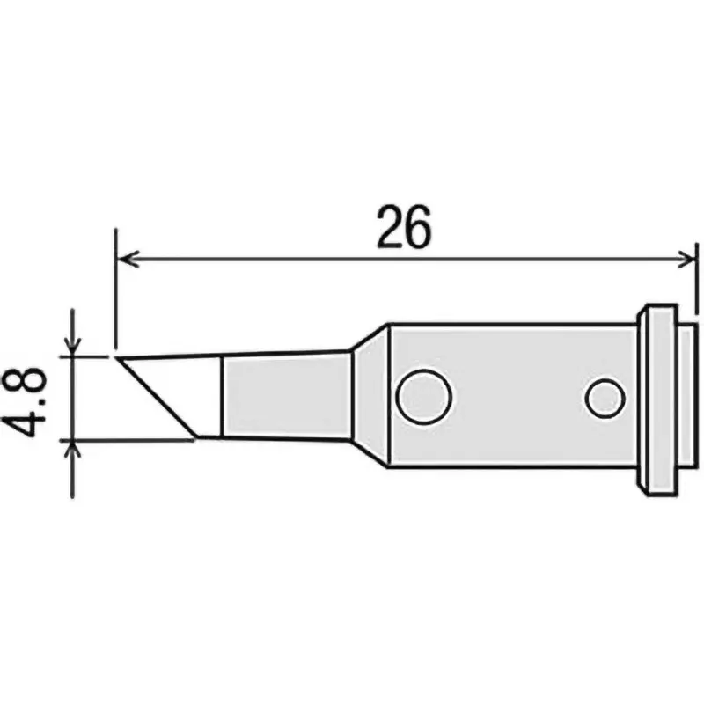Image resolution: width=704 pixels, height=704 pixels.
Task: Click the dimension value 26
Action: (x=405, y=229)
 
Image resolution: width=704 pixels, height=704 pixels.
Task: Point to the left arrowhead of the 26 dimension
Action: (x=126, y=259)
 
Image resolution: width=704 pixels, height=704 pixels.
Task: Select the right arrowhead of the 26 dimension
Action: (x=687, y=259)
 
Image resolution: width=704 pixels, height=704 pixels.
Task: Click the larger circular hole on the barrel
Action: (x=424, y=397)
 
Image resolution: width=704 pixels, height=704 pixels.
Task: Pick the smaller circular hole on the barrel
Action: (x=605, y=399)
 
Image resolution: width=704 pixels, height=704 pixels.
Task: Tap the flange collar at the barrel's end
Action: (x=661, y=400)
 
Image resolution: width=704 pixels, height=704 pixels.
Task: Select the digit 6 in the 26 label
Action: (x=420, y=229)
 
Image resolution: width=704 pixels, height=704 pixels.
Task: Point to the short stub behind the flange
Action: (x=689, y=400)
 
